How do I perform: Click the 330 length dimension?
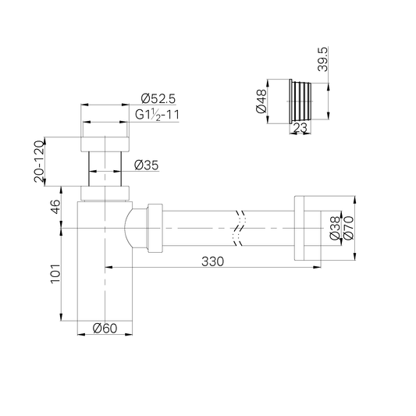tap(212, 261)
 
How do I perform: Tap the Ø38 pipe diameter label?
tap(334, 226)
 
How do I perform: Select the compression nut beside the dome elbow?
tap(152, 226)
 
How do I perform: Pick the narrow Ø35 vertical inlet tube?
tap(105, 167)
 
